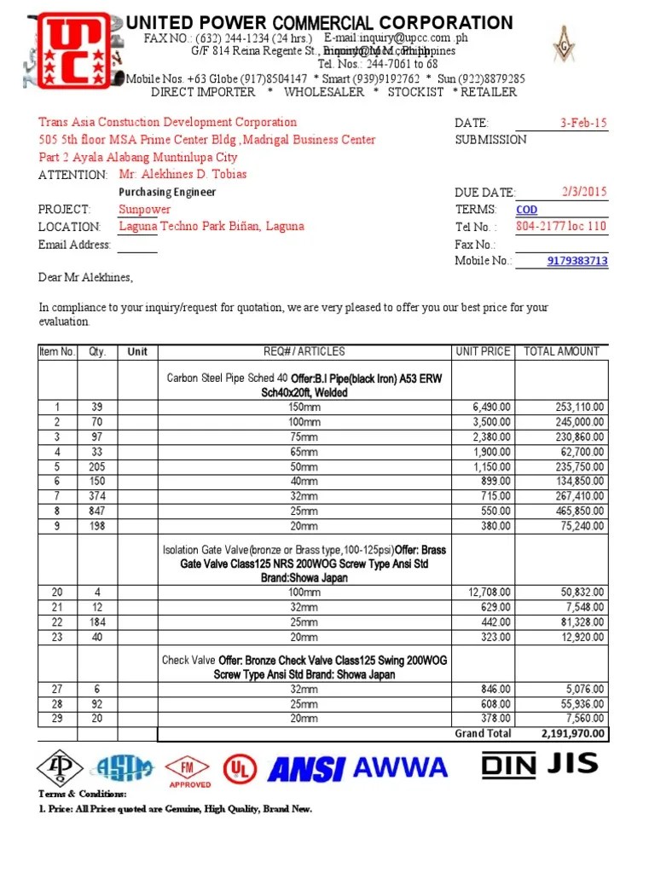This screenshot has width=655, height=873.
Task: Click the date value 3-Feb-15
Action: [583, 123]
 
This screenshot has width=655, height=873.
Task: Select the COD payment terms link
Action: [527, 210]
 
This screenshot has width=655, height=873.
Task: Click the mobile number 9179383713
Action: [577, 261]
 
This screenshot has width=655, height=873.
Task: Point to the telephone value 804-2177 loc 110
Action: [561, 227]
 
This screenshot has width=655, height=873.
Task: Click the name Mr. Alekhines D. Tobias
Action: [183, 175]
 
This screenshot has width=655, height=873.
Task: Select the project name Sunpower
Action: [144, 210]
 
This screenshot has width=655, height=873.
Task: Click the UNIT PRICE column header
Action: [483, 351]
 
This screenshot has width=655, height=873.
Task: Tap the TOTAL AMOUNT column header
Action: [561, 351]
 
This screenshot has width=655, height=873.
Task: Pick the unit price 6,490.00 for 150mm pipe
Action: [492, 408]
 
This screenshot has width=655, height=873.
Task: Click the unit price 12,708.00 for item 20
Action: [490, 593]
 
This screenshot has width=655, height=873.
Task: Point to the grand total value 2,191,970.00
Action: [572, 733]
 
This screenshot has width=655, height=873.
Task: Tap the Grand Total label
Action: [483, 733]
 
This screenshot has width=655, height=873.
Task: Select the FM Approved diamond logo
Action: [189, 770]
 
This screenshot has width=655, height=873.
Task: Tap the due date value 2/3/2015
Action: [583, 193]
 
